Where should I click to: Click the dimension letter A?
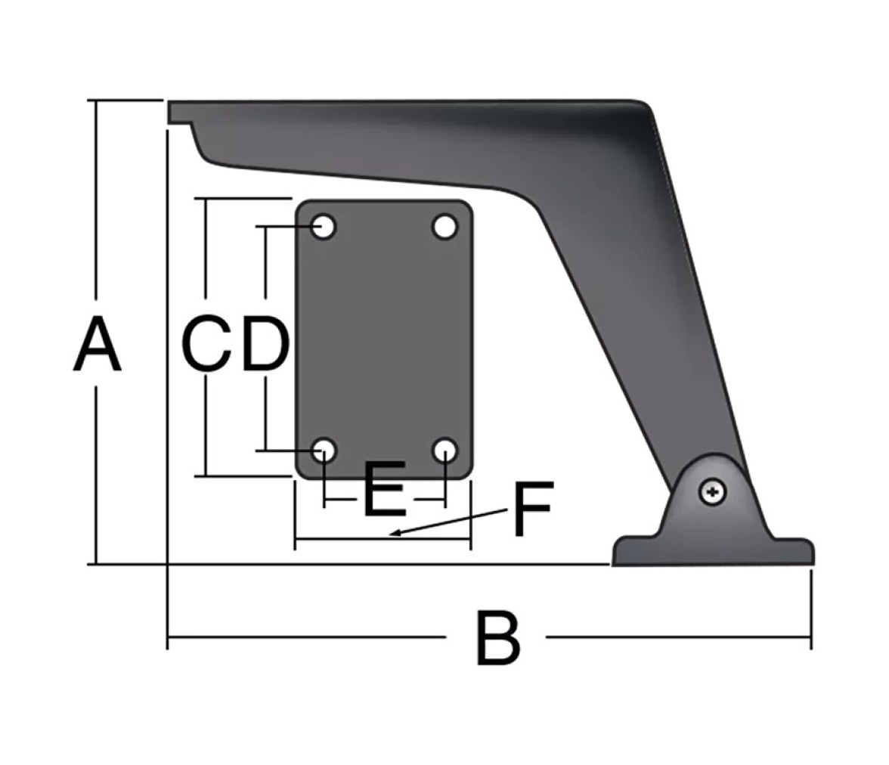click(98, 345)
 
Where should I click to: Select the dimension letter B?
click(497, 638)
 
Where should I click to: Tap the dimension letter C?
click(206, 344)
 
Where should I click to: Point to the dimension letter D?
click(266, 344)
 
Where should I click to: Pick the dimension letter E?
click(385, 489)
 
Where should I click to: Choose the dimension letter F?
click(532, 509)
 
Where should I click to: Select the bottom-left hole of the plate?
click(324, 451)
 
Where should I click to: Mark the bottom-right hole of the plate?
click(445, 451)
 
